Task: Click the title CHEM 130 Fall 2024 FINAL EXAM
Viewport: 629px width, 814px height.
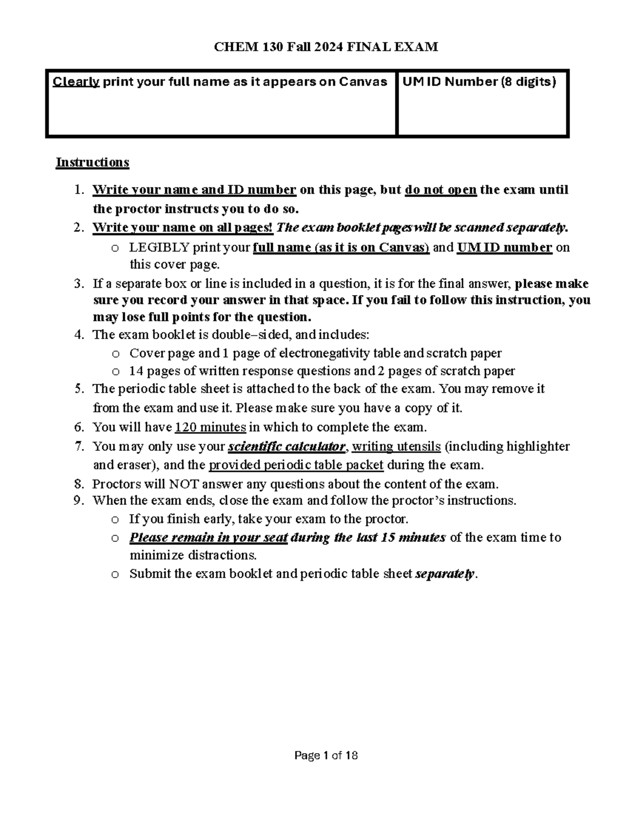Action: pyautogui.click(x=326, y=47)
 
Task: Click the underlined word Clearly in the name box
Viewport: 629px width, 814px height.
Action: pyautogui.click(x=76, y=82)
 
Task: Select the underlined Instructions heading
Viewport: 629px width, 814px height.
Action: pyautogui.click(x=92, y=162)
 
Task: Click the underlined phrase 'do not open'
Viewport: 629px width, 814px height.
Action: pyautogui.click(x=441, y=190)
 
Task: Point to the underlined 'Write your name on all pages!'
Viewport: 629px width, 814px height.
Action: pyautogui.click(x=182, y=228)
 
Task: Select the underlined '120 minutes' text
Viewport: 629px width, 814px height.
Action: pyautogui.click(x=210, y=427)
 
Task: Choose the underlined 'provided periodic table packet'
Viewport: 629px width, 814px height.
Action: pyautogui.click(x=296, y=465)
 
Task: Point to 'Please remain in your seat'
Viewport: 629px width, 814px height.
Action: pyautogui.click(x=208, y=538)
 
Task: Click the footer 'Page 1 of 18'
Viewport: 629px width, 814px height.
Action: pyautogui.click(x=326, y=755)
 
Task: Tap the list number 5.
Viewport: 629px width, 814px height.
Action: pyautogui.click(x=79, y=389)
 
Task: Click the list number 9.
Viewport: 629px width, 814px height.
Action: pyautogui.click(x=79, y=501)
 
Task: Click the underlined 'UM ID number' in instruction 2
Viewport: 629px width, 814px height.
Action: pyautogui.click(x=504, y=247)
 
